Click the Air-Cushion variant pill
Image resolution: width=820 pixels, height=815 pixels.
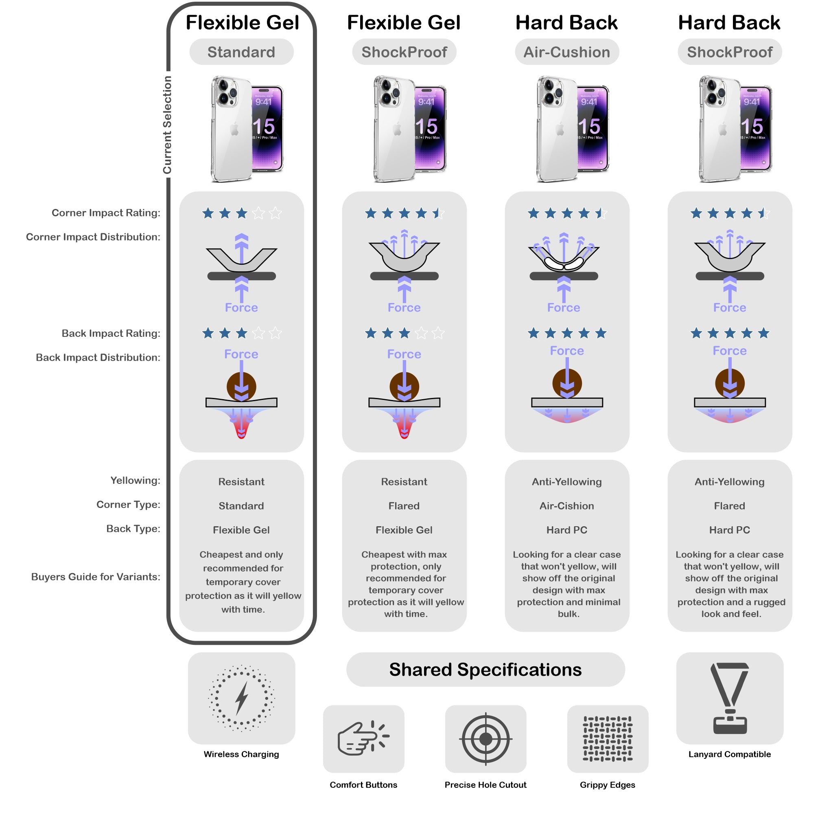click(x=566, y=52)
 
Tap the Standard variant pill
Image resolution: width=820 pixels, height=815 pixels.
click(x=241, y=52)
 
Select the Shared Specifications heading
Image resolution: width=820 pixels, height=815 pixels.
click(x=485, y=670)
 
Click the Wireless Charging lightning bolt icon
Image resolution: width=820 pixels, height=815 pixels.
click(x=241, y=698)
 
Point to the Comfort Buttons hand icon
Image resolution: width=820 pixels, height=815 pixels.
click(x=363, y=738)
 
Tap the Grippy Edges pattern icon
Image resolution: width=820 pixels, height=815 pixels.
click(x=607, y=738)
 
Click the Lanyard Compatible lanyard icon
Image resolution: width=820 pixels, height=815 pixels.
click(x=730, y=698)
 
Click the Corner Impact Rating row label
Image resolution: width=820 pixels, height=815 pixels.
click(x=106, y=213)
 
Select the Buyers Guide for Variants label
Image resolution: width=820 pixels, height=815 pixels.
click(x=96, y=577)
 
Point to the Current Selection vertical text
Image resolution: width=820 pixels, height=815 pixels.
click(x=167, y=125)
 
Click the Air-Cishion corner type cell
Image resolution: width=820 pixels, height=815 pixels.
click(x=566, y=506)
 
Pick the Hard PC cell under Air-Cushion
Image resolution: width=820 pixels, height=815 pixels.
click(x=566, y=530)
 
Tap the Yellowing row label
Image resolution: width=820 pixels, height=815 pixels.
click(x=136, y=480)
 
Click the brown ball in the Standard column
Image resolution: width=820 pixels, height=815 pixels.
click(x=241, y=384)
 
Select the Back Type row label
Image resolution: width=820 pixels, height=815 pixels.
click(x=133, y=529)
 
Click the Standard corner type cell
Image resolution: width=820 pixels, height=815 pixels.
click(x=241, y=506)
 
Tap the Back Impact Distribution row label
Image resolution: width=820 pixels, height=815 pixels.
click(x=98, y=358)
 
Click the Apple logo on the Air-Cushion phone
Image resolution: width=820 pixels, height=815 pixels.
click(x=560, y=129)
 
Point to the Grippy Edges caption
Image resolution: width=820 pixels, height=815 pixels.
click(x=607, y=785)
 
